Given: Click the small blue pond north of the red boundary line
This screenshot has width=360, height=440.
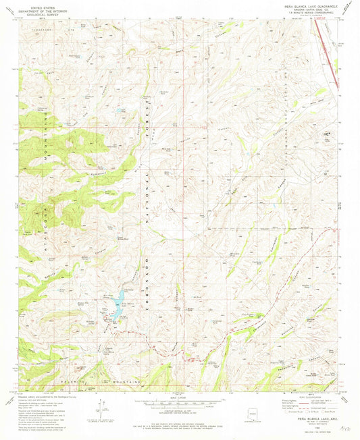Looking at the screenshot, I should (x=120, y=109).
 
